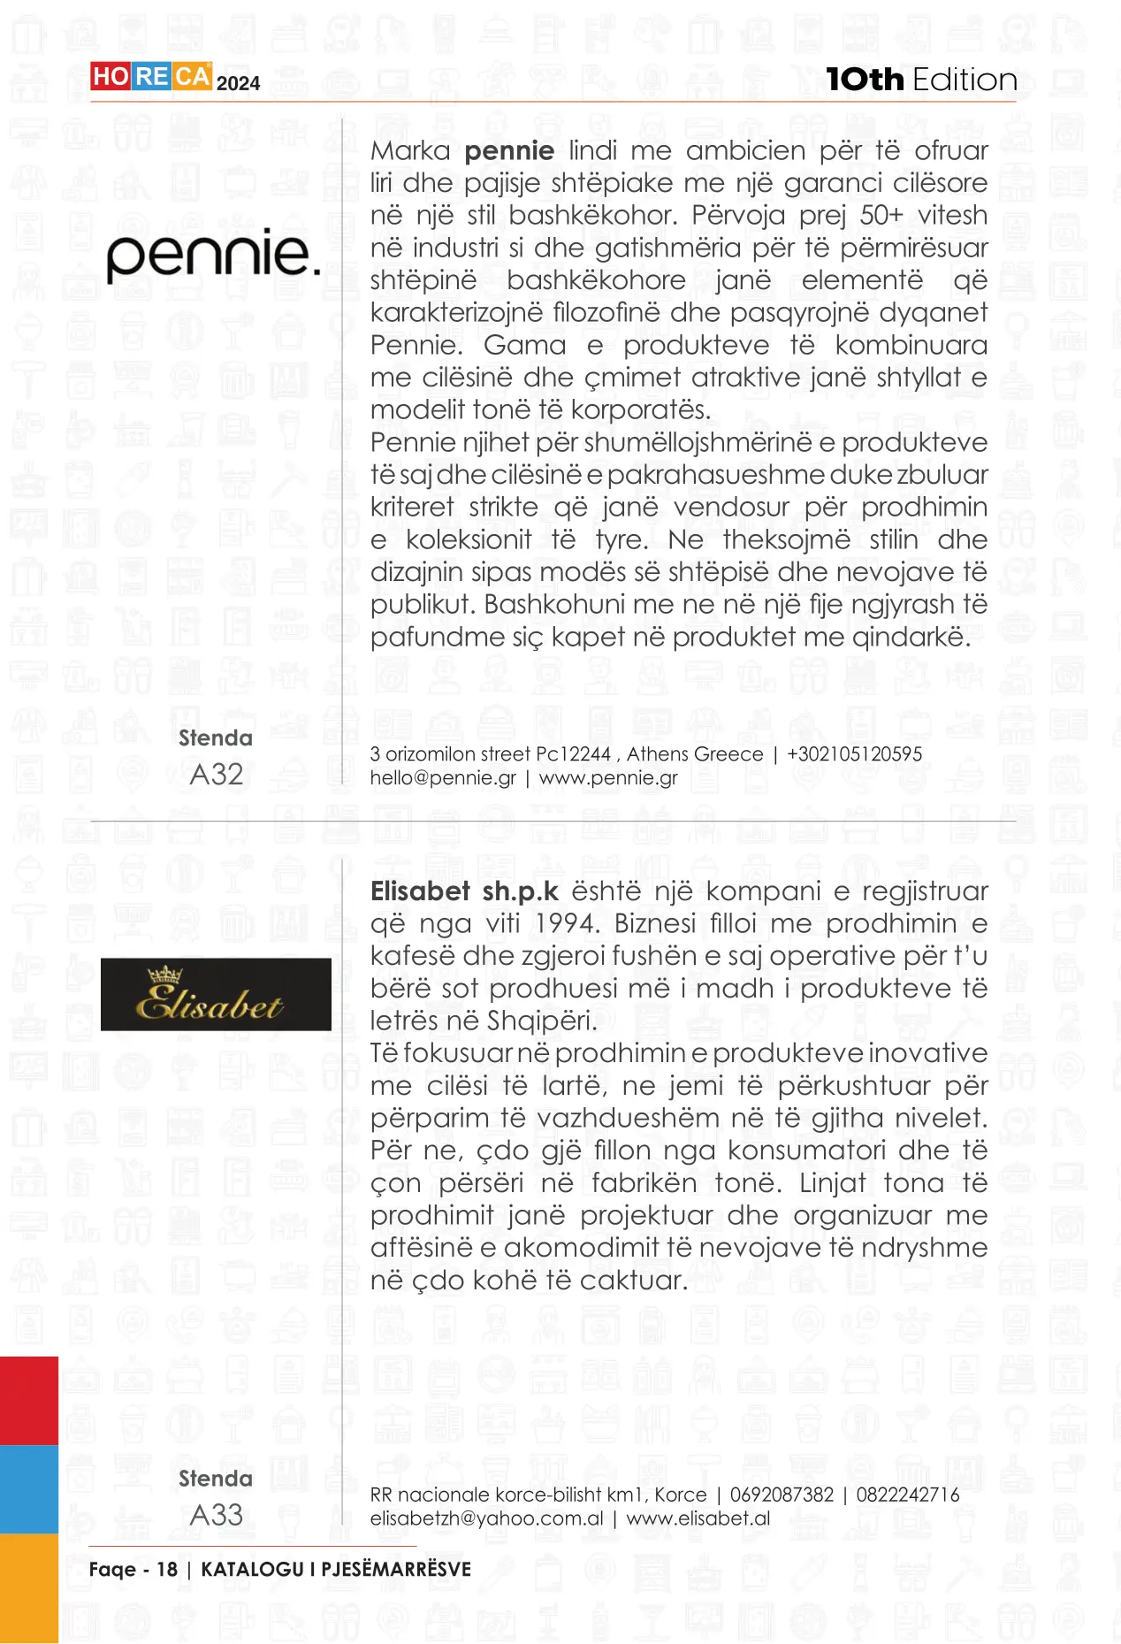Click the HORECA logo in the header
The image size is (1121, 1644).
coord(150,77)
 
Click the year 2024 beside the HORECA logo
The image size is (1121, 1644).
coord(239,84)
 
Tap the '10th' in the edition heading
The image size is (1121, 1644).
coord(865,80)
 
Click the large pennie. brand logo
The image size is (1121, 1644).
coord(213,256)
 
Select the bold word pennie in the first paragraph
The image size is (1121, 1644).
coord(509,151)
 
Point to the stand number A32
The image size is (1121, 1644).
coord(217,775)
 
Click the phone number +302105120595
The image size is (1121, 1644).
coord(854,754)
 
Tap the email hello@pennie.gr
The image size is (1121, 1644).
coord(443,778)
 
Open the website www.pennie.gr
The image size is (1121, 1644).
coord(608,778)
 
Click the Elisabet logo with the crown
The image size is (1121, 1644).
coord(216,994)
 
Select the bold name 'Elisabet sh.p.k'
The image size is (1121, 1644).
coord(464,891)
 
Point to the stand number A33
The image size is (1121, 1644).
coord(217,1515)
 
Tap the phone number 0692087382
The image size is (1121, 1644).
coord(782,1495)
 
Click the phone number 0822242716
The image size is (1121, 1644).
coord(907,1495)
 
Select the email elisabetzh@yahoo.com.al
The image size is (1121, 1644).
coord(487,1518)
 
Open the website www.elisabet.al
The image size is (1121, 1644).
coord(698,1518)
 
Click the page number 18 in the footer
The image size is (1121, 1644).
coord(167,1570)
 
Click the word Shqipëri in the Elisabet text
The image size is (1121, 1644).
coord(538,1021)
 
